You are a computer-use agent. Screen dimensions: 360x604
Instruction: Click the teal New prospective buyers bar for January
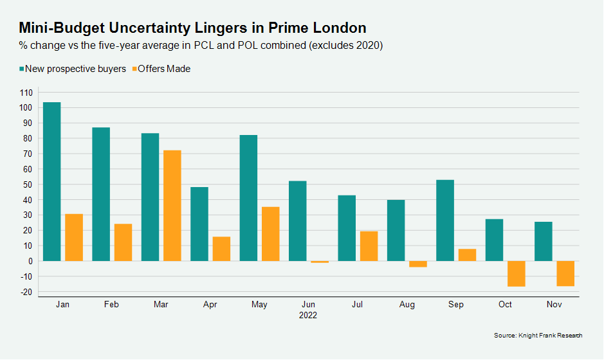tap(52, 181)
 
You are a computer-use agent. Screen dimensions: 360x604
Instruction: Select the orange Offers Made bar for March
tap(172, 206)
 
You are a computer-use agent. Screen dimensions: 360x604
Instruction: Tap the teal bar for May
tap(248, 198)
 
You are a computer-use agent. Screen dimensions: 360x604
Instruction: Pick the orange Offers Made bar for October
tap(516, 273)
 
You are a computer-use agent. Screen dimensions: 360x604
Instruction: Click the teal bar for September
tap(445, 221)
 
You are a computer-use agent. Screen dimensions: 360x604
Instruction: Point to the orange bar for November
tap(565, 273)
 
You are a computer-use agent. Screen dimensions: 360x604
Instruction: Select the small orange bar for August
tap(418, 264)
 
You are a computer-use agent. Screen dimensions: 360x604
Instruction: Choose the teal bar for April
tap(199, 224)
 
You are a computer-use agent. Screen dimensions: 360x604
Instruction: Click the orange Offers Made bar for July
tap(369, 246)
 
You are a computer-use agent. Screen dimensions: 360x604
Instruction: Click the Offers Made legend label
tap(164, 69)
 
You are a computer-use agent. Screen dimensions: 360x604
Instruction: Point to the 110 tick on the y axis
tap(26, 93)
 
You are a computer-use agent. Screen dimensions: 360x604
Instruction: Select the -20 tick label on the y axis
tap(26, 292)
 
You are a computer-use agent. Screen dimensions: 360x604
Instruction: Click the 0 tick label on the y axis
tap(30, 261)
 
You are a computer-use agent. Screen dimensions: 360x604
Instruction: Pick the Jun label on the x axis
tap(308, 304)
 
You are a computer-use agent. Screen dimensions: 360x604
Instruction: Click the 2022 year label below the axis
tap(308, 316)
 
